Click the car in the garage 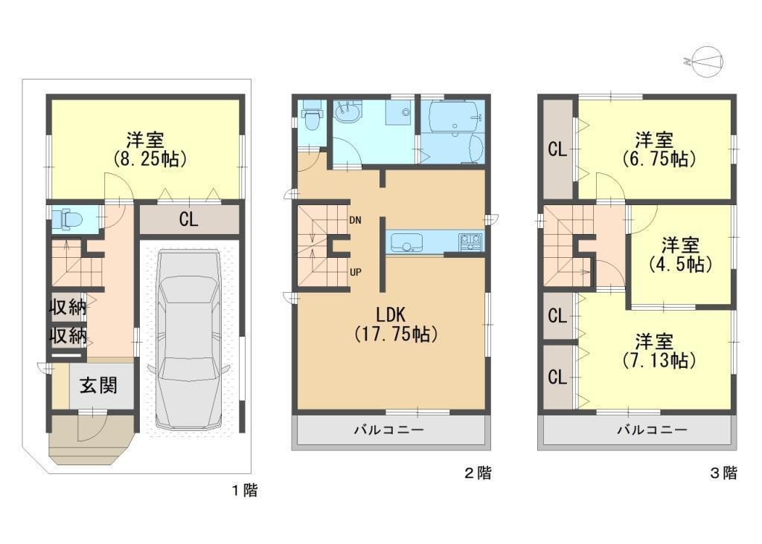pos(188,339)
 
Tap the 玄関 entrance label pos(99,386)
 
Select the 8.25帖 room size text pos(149,159)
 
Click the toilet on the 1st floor pos(67,218)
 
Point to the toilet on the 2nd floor pos(310,117)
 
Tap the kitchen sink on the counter pos(406,242)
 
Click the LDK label pos(391,314)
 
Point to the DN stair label pos(355,220)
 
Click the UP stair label pos(355,272)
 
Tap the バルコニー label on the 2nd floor pos(388,430)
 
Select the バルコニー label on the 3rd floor pos(652,430)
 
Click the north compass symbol pos(704,62)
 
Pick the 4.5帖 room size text pos(680,265)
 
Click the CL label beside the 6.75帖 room pos(557,149)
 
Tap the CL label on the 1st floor pos(188,219)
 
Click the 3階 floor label pos(723,473)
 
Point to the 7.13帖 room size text pos(659,360)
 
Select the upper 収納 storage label pos(68,307)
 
